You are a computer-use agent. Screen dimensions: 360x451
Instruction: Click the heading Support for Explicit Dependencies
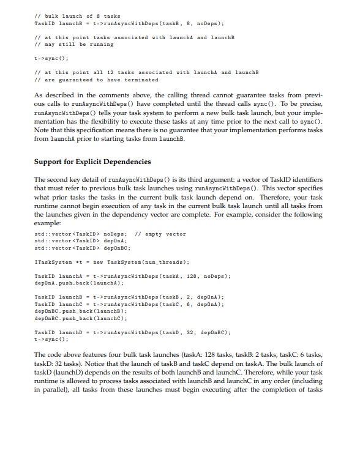tap(92, 162)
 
